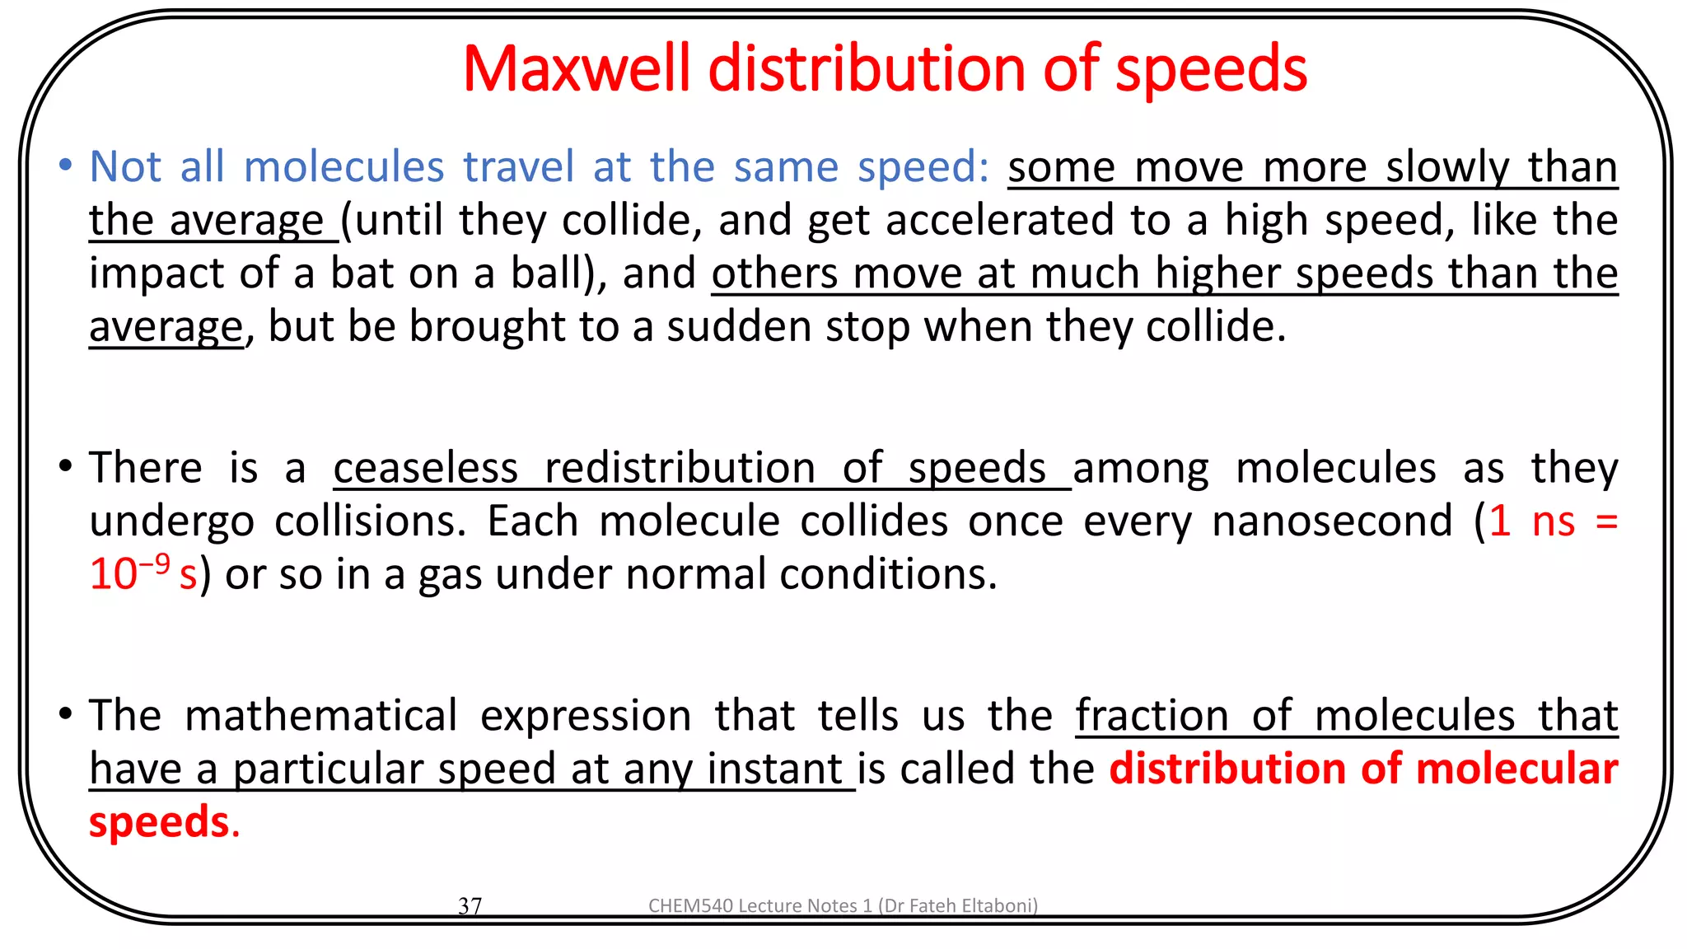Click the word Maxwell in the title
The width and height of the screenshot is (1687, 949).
[x=576, y=68]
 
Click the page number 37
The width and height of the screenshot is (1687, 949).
[x=470, y=905]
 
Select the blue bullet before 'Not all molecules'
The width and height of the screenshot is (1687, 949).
[x=65, y=165]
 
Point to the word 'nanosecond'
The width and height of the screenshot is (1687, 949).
[x=1332, y=521]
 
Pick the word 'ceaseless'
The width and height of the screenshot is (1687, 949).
[x=426, y=468]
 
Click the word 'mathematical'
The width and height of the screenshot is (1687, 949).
[x=321, y=715]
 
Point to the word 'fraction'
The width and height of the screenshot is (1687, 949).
[x=1152, y=715]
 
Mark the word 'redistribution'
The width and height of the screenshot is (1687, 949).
[x=680, y=468]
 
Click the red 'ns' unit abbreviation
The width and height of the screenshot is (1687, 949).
[x=1553, y=521]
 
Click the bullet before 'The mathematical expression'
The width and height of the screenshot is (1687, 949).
[x=65, y=713]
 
